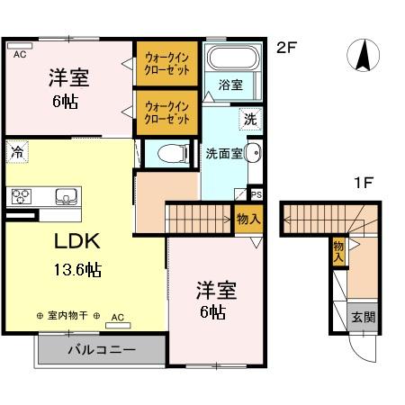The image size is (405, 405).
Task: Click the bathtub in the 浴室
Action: pyautogui.click(x=232, y=59)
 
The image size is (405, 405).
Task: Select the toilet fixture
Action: pyautogui.click(x=168, y=154)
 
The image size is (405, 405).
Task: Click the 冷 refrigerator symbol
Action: pyautogui.click(x=17, y=152)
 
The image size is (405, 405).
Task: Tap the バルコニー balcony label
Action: pyautogui.click(x=100, y=348)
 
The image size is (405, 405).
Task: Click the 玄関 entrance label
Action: pyautogui.click(x=364, y=317)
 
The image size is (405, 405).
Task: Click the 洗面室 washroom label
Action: pyautogui.click(x=223, y=152)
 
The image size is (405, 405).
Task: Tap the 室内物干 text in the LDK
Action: pyautogui.click(x=68, y=316)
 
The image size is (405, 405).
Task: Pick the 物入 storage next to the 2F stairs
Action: pyautogui.click(x=248, y=218)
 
